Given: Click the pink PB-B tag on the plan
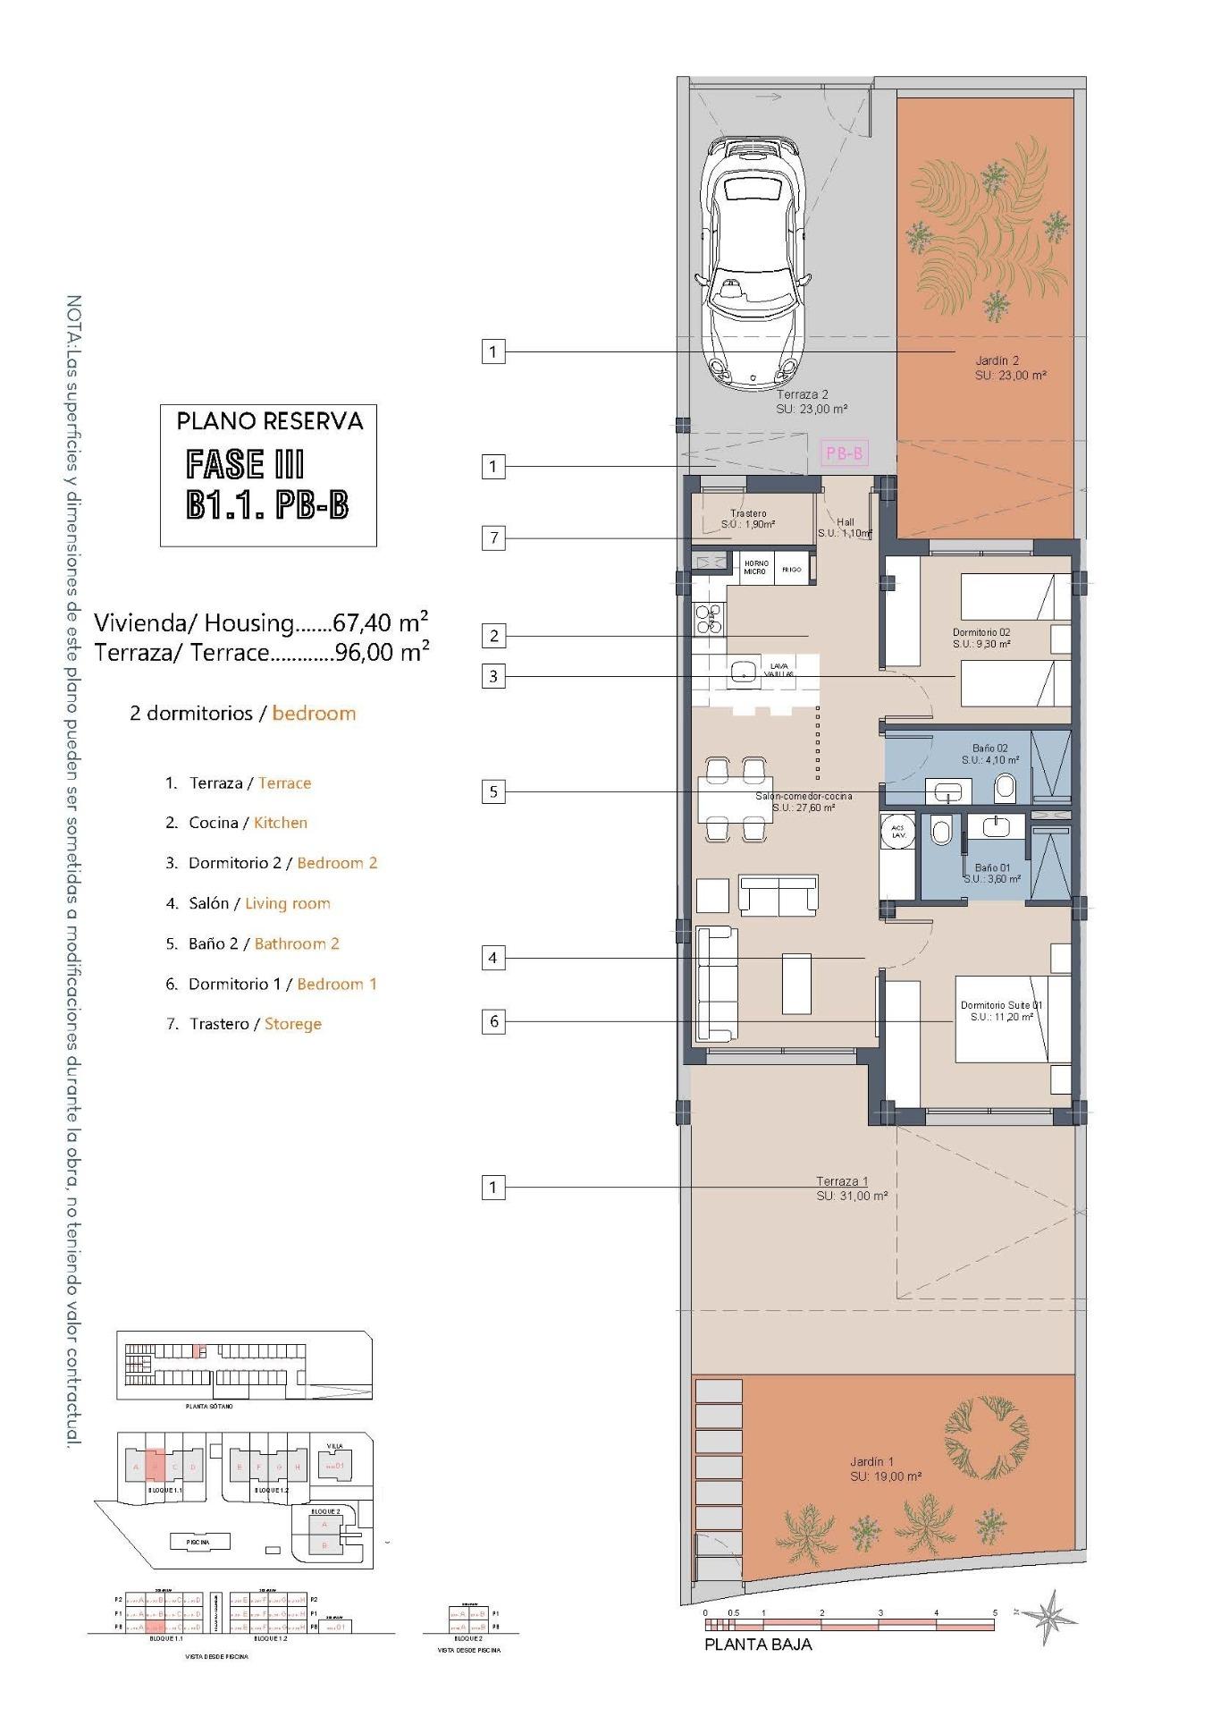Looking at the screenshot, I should pyautogui.click(x=844, y=453).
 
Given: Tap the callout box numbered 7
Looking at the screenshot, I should pyautogui.click(x=493, y=537).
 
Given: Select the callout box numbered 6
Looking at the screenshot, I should pyautogui.click(x=493, y=1020).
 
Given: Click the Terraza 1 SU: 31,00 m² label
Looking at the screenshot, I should pyautogui.click(x=851, y=1188).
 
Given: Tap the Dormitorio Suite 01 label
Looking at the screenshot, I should pyautogui.click(x=1001, y=1011).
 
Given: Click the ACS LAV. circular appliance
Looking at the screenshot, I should pyautogui.click(x=897, y=831).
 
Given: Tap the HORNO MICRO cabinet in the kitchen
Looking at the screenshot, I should pyautogui.click(x=755, y=568).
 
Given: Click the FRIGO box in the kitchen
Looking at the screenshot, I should pyautogui.click(x=792, y=569).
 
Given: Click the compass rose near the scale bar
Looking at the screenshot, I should pyautogui.click(x=1050, y=1616).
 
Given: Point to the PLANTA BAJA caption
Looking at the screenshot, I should pyautogui.click(x=758, y=1645).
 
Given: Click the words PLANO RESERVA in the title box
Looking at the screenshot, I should pyautogui.click(x=270, y=421).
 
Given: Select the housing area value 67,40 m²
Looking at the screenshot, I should pyautogui.click(x=380, y=622).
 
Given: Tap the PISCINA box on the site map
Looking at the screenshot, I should pyautogui.click(x=198, y=1542).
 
